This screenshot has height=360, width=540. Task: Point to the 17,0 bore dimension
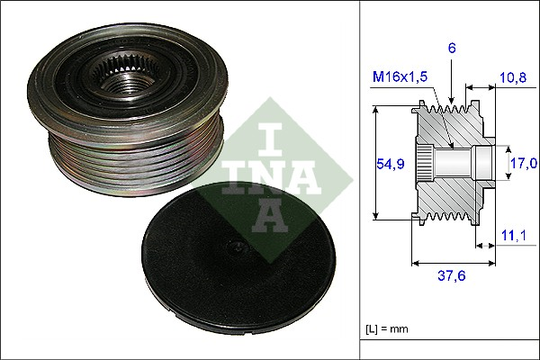pos(523,163)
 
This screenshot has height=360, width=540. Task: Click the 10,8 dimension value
pos(512,78)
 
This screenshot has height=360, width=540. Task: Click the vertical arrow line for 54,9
pos(374,163)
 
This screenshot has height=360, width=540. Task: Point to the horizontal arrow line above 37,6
pos(453,264)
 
